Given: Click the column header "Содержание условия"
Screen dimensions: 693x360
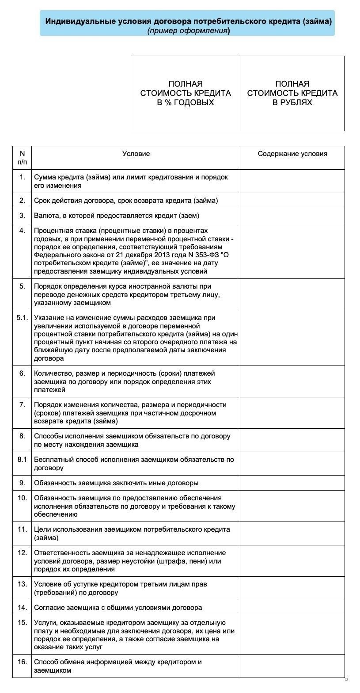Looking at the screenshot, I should [292, 154].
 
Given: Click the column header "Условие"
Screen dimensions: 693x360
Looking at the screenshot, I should [136, 154].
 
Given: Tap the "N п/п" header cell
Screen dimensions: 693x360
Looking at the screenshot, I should [22, 158].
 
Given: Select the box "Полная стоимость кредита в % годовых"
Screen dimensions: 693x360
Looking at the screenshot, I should [186, 93].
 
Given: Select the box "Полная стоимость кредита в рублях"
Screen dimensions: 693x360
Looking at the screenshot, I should [292, 93].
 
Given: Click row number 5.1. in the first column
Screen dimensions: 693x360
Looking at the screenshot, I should [22, 318].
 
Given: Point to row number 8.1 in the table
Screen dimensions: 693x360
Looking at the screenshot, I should [22, 460].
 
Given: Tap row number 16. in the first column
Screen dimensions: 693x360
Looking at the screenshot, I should [22, 662].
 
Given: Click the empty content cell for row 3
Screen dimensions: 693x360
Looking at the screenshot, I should [292, 216].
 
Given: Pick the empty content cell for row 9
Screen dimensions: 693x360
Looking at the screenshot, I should [292, 483].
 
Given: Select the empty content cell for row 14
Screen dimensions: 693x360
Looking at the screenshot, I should [292, 608].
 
